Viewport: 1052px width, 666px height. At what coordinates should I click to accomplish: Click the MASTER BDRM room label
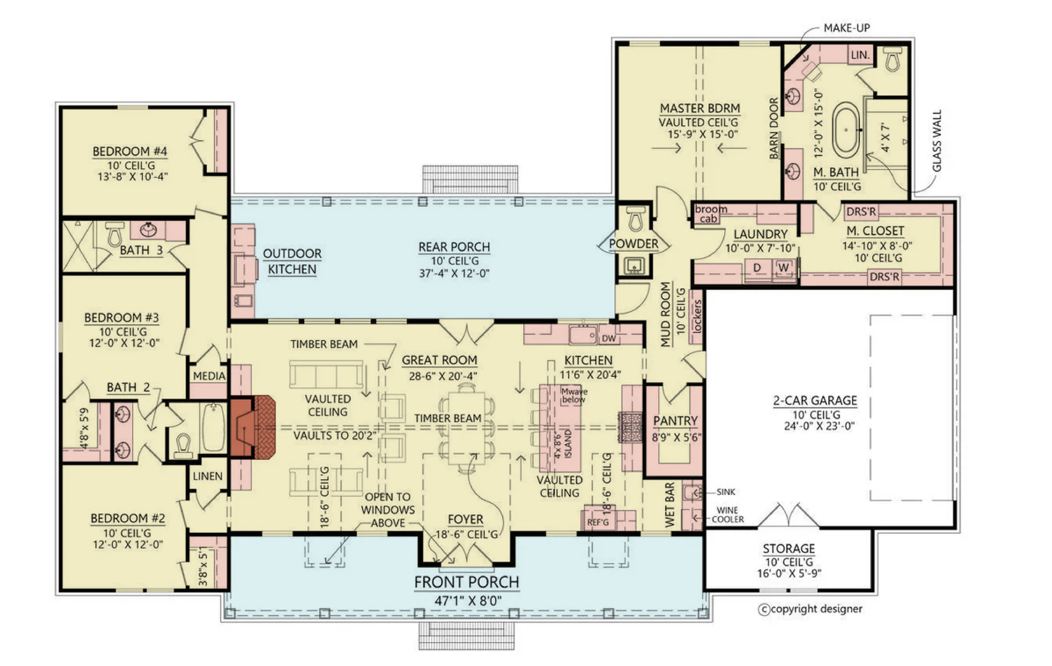(700, 108)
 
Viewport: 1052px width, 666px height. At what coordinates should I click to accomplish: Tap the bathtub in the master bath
(846, 130)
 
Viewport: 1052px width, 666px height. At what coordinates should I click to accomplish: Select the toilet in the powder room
(635, 218)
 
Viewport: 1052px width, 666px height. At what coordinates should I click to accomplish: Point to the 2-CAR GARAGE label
(815, 400)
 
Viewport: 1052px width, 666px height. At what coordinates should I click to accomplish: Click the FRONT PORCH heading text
(466, 582)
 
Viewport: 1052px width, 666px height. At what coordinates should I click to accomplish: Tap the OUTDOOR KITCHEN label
(292, 261)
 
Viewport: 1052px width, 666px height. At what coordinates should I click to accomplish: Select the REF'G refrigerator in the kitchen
(598, 522)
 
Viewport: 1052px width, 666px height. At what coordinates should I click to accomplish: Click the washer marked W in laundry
(784, 268)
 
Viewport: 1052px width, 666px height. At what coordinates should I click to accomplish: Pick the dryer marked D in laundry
(757, 268)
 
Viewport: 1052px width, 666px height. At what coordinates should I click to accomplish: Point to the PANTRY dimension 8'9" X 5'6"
(677, 437)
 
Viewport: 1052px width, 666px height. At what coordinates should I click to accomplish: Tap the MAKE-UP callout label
(847, 28)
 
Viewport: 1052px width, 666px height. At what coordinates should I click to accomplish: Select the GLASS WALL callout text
(937, 141)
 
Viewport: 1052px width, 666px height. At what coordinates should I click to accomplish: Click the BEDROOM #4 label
(130, 152)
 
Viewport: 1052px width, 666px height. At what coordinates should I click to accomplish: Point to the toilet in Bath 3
(114, 233)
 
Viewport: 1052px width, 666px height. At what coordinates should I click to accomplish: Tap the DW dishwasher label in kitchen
(609, 338)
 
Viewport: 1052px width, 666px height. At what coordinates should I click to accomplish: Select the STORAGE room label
(788, 548)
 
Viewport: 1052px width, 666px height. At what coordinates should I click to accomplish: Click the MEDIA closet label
(209, 376)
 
